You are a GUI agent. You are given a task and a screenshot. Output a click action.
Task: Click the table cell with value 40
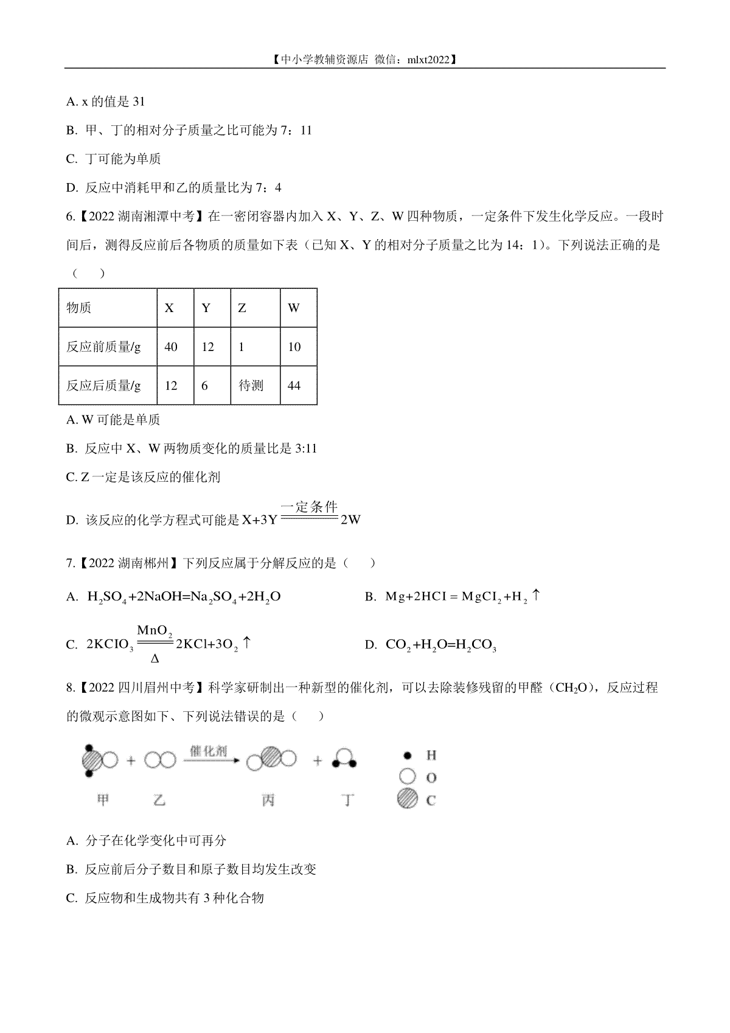coord(171,347)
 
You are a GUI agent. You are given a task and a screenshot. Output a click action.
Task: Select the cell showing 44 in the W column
coord(294,386)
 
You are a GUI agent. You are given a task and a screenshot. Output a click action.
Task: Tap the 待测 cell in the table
coord(251,386)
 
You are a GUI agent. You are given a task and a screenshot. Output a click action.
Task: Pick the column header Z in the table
coord(242,308)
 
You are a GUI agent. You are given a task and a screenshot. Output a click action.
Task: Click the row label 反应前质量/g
coord(103,347)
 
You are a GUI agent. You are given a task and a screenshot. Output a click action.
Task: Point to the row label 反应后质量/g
coord(103,386)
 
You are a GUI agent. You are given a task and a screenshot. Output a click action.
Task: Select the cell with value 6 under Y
coord(205,386)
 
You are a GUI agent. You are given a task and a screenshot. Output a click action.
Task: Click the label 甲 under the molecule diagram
coord(102,801)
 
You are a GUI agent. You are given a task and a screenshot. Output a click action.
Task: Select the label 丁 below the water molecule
coord(348,801)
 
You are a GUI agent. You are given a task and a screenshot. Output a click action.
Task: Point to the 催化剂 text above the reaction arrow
coord(207,751)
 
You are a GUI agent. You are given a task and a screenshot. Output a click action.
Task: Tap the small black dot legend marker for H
coord(406,756)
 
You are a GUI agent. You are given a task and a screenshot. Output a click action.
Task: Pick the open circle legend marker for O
coord(406,777)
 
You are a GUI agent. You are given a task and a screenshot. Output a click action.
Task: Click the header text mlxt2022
coord(429,60)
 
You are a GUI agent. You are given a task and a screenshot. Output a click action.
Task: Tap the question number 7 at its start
coord(69,563)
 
